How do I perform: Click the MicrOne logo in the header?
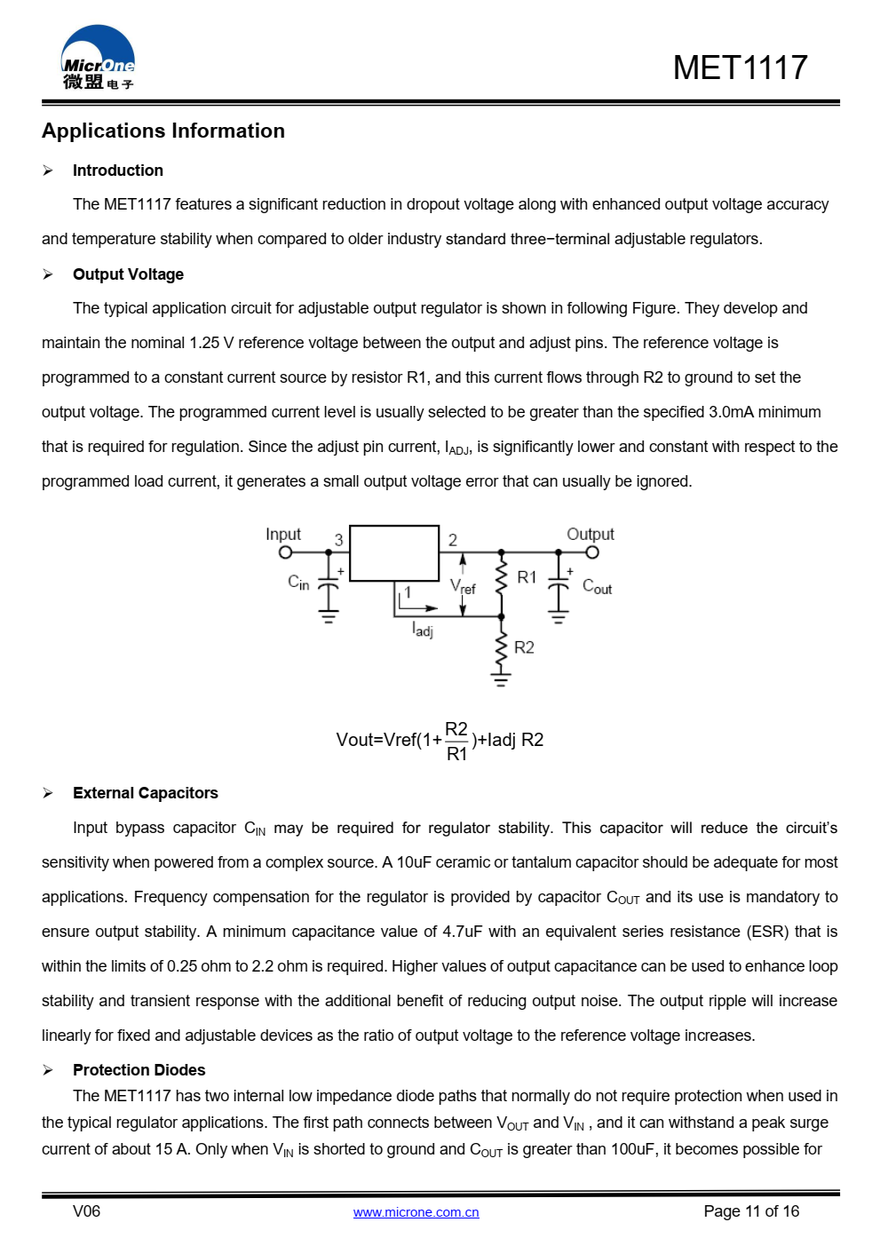pyautogui.click(x=98, y=59)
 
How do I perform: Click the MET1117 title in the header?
pyautogui.click(x=740, y=67)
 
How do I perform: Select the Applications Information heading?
pyautogui.click(x=163, y=131)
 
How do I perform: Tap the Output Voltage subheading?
pyautogui.click(x=128, y=274)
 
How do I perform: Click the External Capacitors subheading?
pyautogui.click(x=145, y=793)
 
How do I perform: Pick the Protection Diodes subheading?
pyautogui.click(x=139, y=1070)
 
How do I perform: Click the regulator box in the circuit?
pyautogui.click(x=394, y=553)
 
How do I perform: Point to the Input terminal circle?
pyautogui.click(x=285, y=552)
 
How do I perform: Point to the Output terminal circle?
pyautogui.click(x=592, y=552)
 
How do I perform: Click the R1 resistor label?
pyautogui.click(x=527, y=577)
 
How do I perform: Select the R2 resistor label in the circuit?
pyautogui.click(x=524, y=647)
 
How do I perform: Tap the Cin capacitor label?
pyautogui.click(x=298, y=582)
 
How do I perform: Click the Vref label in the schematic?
pyautogui.click(x=463, y=586)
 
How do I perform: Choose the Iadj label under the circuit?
pyautogui.click(x=423, y=630)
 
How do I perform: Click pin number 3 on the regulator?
pyautogui.click(x=338, y=540)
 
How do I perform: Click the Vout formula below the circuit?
pyautogui.click(x=440, y=741)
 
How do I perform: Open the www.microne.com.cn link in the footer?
pyautogui.click(x=416, y=1212)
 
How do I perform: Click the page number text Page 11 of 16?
pyautogui.click(x=751, y=1211)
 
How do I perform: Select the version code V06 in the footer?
pyautogui.click(x=86, y=1211)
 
